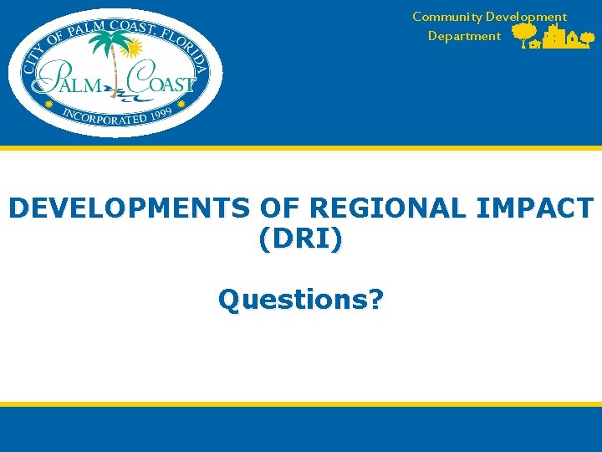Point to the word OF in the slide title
[x=222, y=208]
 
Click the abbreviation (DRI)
[x=300, y=239]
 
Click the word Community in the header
[x=446, y=17]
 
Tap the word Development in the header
[x=526, y=17]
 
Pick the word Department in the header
[x=464, y=36]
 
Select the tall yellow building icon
[x=554, y=36]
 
